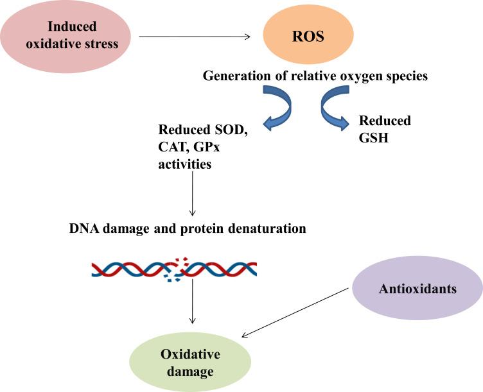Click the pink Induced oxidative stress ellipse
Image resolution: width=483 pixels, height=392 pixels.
[x=66, y=36]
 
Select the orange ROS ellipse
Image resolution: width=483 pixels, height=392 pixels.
[x=308, y=35]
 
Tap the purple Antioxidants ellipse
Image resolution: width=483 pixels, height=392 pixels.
[x=417, y=288]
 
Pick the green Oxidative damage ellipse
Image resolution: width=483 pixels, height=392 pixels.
[x=190, y=362]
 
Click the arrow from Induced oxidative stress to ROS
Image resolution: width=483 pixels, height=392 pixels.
[x=195, y=37]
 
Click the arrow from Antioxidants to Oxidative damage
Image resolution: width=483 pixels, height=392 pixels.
[x=295, y=312]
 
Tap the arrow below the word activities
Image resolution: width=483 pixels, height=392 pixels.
[x=193, y=194]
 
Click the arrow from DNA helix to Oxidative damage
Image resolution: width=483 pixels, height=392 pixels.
[x=193, y=302]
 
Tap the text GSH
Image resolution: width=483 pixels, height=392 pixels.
[x=374, y=137]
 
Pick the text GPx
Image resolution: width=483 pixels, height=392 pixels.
[x=207, y=147]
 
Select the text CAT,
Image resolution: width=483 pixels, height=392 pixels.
[x=173, y=147]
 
